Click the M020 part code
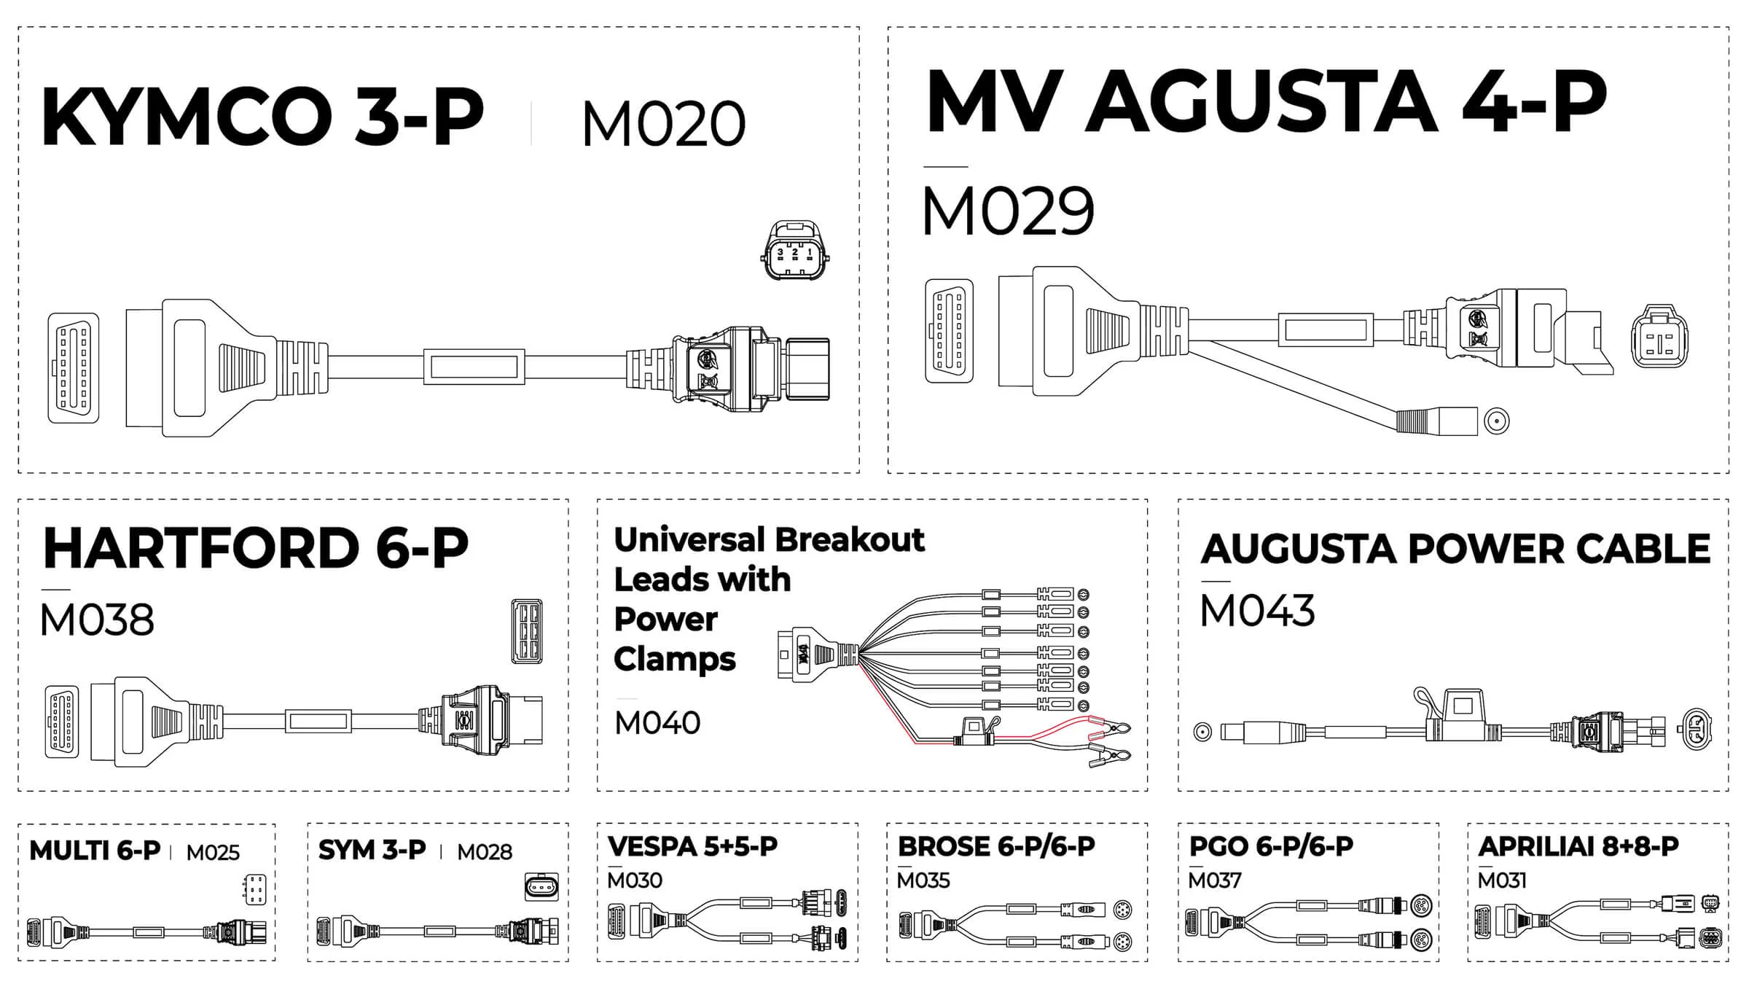click(x=664, y=124)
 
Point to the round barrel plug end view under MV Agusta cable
click(x=1497, y=421)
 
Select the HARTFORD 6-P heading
click(x=256, y=547)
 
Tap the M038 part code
click(x=97, y=620)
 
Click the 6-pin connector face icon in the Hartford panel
click(x=527, y=631)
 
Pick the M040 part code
click(x=657, y=722)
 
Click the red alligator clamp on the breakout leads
click(x=1108, y=727)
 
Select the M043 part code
click(x=1258, y=611)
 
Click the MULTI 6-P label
click(x=95, y=851)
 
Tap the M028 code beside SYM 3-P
click(x=485, y=851)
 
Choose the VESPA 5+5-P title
click(x=693, y=846)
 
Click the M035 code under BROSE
click(x=923, y=880)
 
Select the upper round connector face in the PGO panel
click(x=1421, y=906)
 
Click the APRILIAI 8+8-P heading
click(x=1578, y=846)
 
